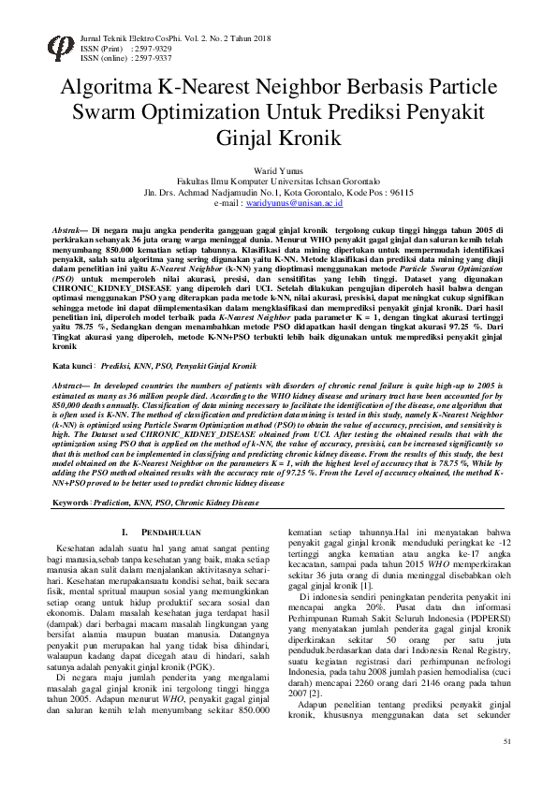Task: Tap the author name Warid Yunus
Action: (280, 168)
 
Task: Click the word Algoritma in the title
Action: (107, 89)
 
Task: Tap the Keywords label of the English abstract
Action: (71, 503)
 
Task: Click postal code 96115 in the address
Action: (400, 191)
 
